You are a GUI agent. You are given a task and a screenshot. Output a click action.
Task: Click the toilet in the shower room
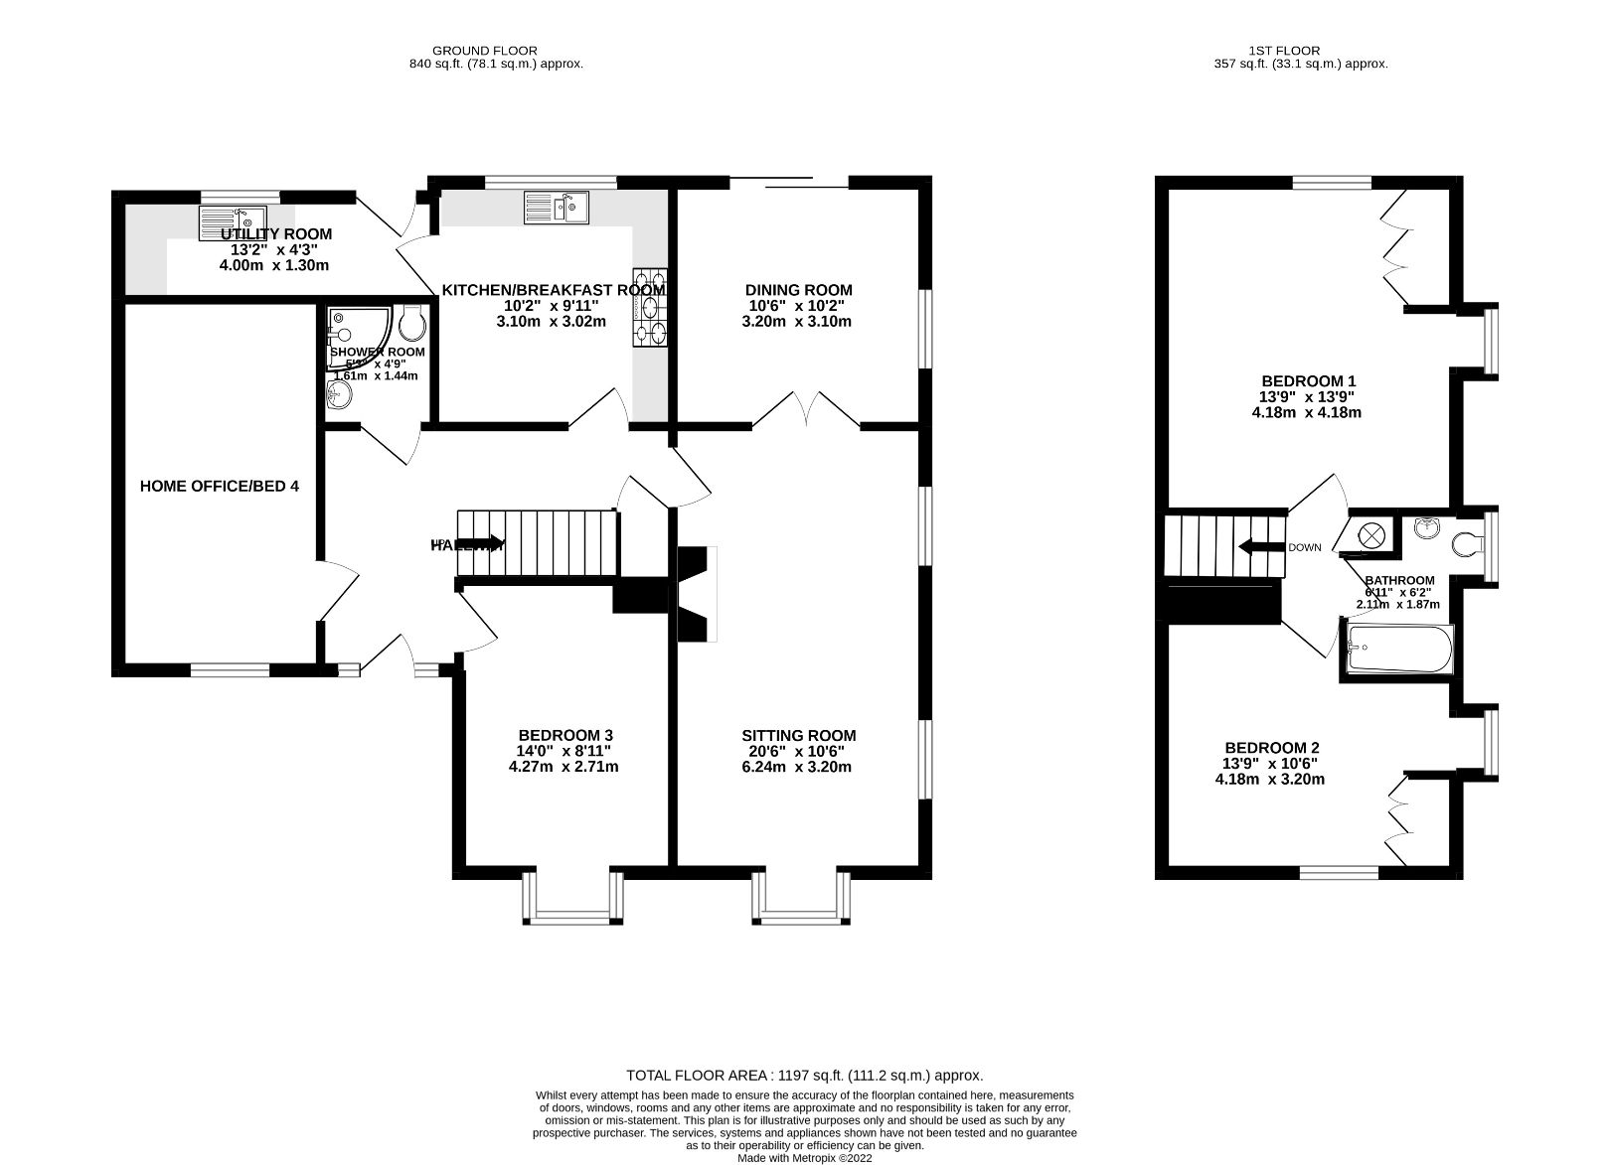click(411, 321)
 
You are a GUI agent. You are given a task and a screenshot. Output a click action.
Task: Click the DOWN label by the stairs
click(1305, 547)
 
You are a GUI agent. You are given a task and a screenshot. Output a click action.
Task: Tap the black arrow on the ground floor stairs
click(480, 543)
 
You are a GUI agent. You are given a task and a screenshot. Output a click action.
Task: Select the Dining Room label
click(798, 290)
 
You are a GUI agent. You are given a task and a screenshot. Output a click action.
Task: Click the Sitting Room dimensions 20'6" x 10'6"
click(798, 751)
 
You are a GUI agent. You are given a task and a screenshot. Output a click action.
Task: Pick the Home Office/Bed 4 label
click(219, 486)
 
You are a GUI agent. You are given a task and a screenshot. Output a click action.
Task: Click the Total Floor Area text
click(804, 1075)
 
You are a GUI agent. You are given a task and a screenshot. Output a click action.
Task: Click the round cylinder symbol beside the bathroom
click(1371, 534)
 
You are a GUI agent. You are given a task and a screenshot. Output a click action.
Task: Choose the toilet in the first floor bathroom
click(1467, 544)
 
